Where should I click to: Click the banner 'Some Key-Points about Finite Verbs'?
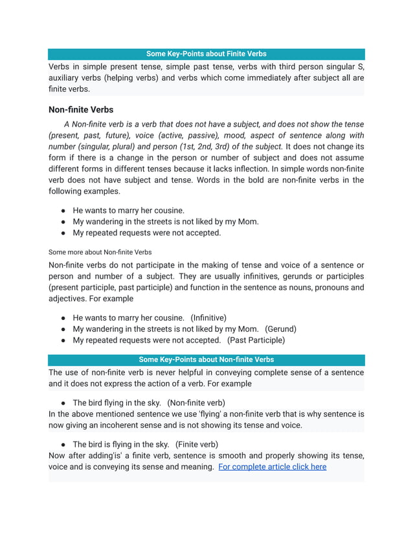[206, 54]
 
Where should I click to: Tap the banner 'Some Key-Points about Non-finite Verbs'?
[206, 359]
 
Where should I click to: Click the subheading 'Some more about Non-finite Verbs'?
[100, 251]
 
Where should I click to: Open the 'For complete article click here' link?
[272, 466]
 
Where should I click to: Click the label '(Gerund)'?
[280, 328]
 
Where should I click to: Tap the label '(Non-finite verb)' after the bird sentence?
[196, 402]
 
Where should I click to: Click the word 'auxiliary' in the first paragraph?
[67, 78]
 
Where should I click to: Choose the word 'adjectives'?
[69, 299]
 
